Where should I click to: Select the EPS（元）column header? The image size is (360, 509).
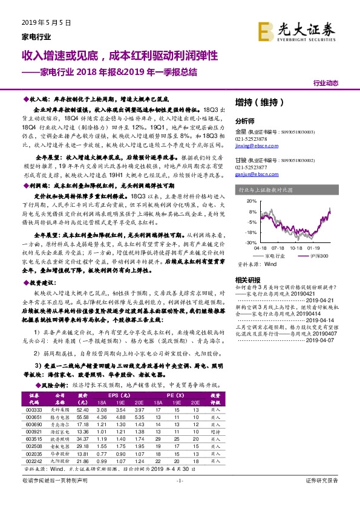point(122,397)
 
